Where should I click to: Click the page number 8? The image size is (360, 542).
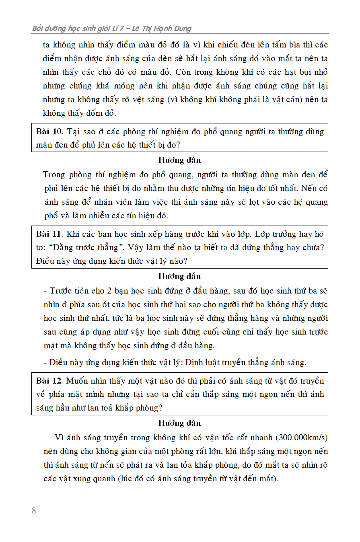34,511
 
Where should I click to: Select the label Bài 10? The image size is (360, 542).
49,131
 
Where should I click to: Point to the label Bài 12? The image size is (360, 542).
49,381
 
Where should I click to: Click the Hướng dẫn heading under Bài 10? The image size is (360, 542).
179,160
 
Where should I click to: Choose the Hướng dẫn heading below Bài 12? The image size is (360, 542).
179,423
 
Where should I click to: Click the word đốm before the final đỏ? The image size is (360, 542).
95,113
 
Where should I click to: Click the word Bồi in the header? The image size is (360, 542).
39,29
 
